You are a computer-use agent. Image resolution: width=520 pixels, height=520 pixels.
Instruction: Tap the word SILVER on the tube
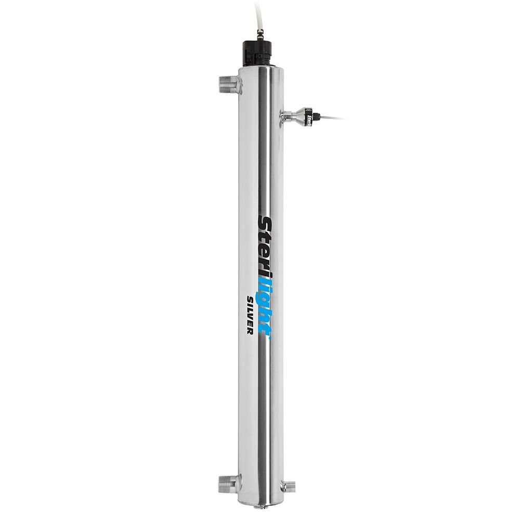(x=249, y=315)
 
